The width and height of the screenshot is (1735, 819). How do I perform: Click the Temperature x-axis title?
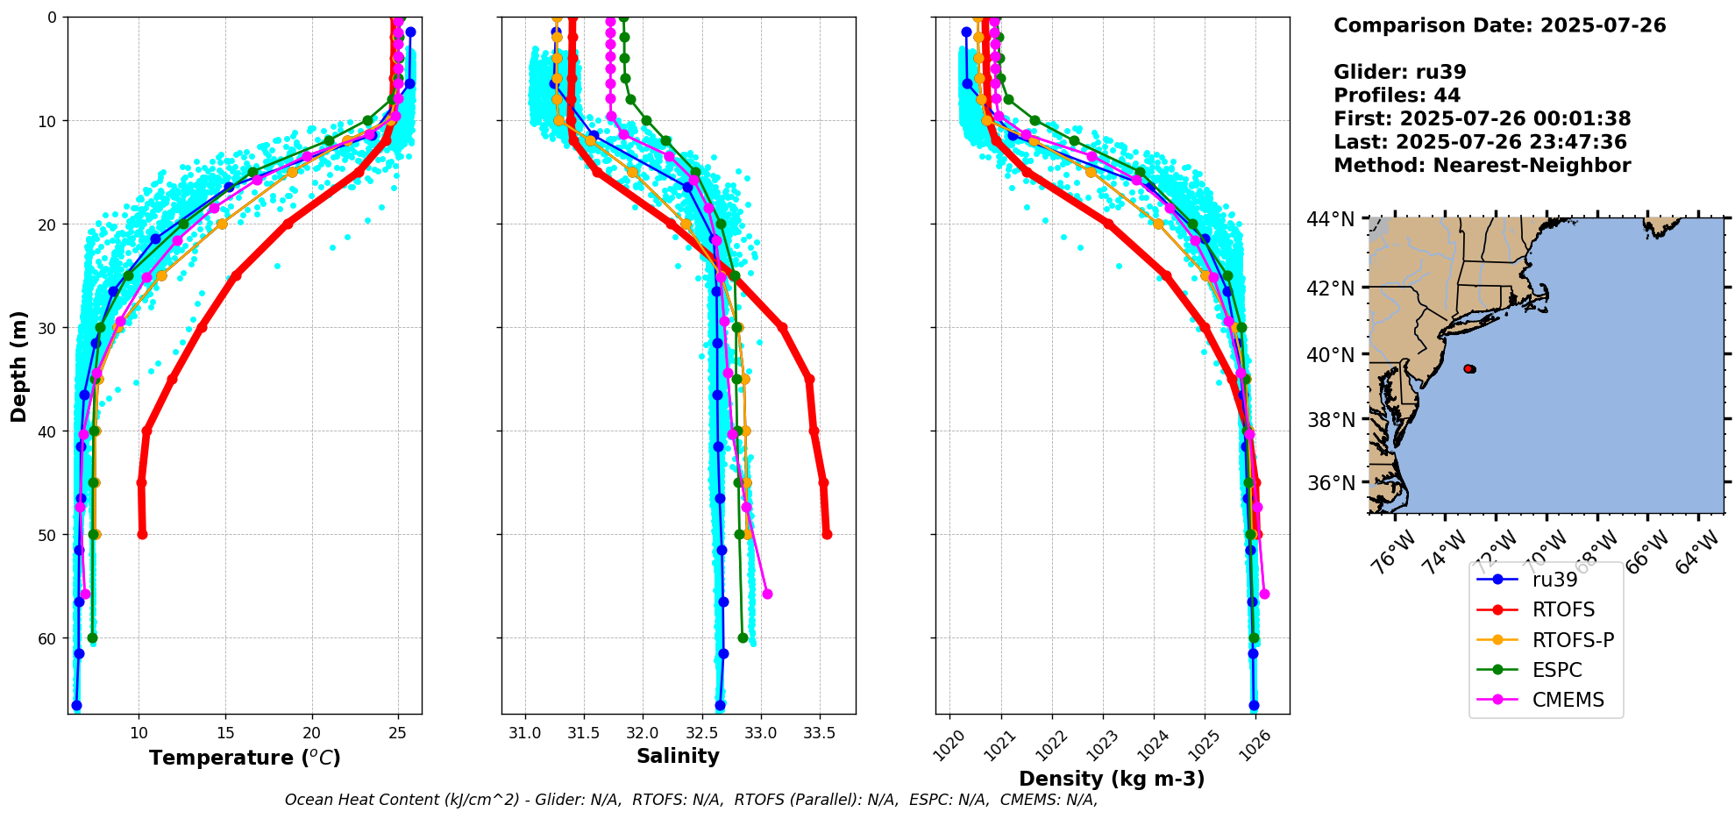[245, 758]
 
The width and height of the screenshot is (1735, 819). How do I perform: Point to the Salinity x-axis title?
[678, 756]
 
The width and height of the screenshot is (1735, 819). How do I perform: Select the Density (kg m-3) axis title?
[1112, 779]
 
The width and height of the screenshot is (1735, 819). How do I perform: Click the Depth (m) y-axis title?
[19, 366]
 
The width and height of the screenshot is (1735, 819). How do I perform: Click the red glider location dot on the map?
[1469, 369]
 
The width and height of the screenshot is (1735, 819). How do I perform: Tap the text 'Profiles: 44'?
[1397, 96]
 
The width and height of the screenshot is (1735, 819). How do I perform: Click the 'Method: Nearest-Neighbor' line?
[1482, 166]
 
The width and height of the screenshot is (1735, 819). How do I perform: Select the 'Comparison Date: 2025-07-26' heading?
[1499, 25]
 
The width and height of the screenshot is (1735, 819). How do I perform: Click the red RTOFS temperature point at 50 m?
[142, 535]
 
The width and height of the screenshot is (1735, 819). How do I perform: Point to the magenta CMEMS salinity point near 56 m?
[767, 595]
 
